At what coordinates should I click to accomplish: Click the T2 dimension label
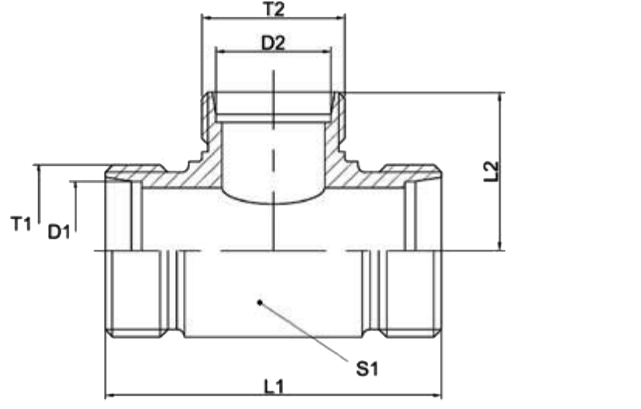pos(274,9)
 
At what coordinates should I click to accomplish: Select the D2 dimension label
pos(273,43)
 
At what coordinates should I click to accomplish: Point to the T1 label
pos(20,224)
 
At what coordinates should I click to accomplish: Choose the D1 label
pos(59,232)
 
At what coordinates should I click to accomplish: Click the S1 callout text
pos(367,369)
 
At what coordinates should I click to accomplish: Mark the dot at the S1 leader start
pos(259,303)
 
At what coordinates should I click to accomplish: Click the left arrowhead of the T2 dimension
pos(207,18)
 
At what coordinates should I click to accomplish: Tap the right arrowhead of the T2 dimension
pos(340,18)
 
